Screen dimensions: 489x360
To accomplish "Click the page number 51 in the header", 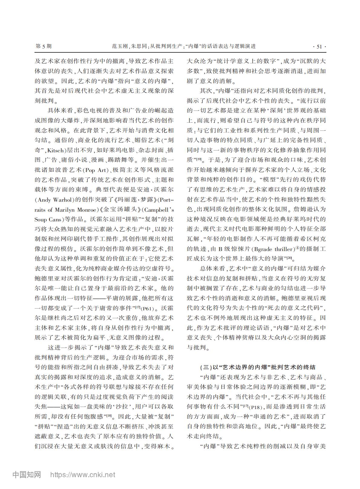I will click(x=319, y=46).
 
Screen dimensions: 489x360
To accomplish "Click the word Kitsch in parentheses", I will click(x=56, y=150).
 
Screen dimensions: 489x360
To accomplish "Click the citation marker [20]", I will click(x=289, y=258).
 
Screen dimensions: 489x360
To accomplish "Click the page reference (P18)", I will click(x=257, y=407).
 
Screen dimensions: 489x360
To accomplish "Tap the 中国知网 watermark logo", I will click(x=27, y=474).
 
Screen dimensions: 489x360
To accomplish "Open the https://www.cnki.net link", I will click(x=83, y=475).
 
